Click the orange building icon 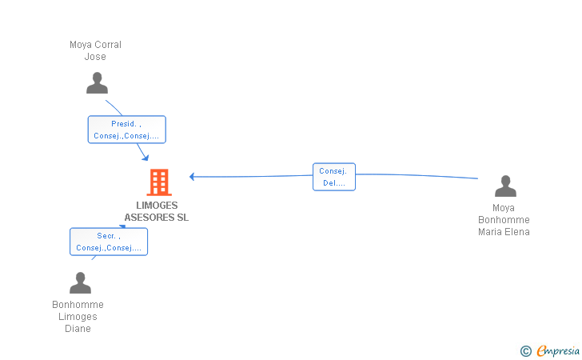159,182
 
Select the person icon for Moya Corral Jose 97,83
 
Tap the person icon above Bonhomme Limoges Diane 80,282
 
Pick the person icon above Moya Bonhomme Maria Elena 505,186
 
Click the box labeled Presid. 127,130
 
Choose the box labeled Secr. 109,242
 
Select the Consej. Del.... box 334,177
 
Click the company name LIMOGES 157,206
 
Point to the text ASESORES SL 156,218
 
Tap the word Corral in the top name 108,45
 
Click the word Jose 95,57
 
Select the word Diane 78,329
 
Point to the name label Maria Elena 504,232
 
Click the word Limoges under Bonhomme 78,317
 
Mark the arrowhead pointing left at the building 192,177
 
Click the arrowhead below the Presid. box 145,158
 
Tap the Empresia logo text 558,351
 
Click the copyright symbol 526,351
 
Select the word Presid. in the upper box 124,124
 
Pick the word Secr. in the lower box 106,236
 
